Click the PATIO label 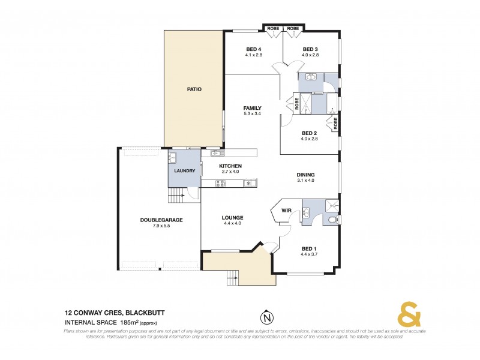coord(193,89)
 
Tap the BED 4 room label coord(254,49)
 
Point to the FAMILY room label coord(252,108)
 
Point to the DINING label coord(305,175)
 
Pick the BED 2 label coord(309,133)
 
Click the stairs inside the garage coord(175,196)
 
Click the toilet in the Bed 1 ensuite coord(333,221)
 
